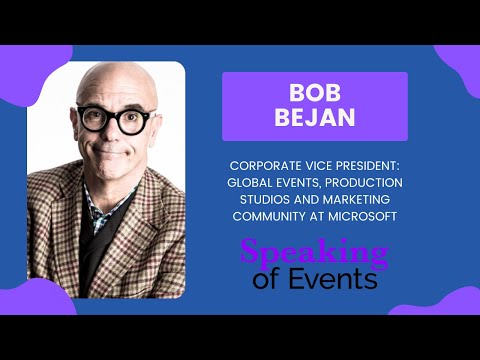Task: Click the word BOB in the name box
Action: click(315, 92)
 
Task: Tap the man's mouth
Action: click(116, 156)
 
